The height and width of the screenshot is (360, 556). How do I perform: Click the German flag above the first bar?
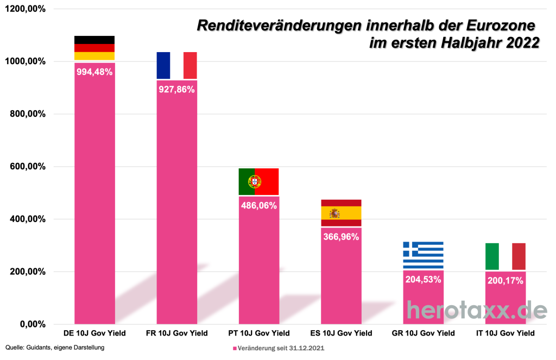tap(94, 48)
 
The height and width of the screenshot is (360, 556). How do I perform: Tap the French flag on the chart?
tap(176, 65)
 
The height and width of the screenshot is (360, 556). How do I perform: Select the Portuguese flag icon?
tap(258, 181)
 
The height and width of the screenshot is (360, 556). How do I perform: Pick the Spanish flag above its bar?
tap(341, 213)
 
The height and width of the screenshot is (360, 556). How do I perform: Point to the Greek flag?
tap(423, 255)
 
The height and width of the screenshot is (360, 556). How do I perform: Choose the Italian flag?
tap(505, 256)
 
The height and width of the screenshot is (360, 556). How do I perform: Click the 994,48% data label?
tap(94, 72)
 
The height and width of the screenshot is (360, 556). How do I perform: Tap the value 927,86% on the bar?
tap(176, 89)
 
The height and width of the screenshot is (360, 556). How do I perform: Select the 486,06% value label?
tap(258, 205)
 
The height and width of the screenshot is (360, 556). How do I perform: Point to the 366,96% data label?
tap(341, 237)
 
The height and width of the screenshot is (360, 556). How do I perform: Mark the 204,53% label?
tap(423, 280)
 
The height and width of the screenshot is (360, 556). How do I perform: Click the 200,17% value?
tap(505, 281)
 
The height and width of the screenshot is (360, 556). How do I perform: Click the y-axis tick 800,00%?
tap(27, 114)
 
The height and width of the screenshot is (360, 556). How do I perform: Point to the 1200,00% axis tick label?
tap(26, 9)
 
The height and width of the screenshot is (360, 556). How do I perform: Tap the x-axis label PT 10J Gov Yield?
tap(258, 333)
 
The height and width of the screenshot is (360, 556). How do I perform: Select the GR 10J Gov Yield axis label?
tap(423, 333)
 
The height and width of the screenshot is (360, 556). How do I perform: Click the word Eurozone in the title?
tap(497, 25)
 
